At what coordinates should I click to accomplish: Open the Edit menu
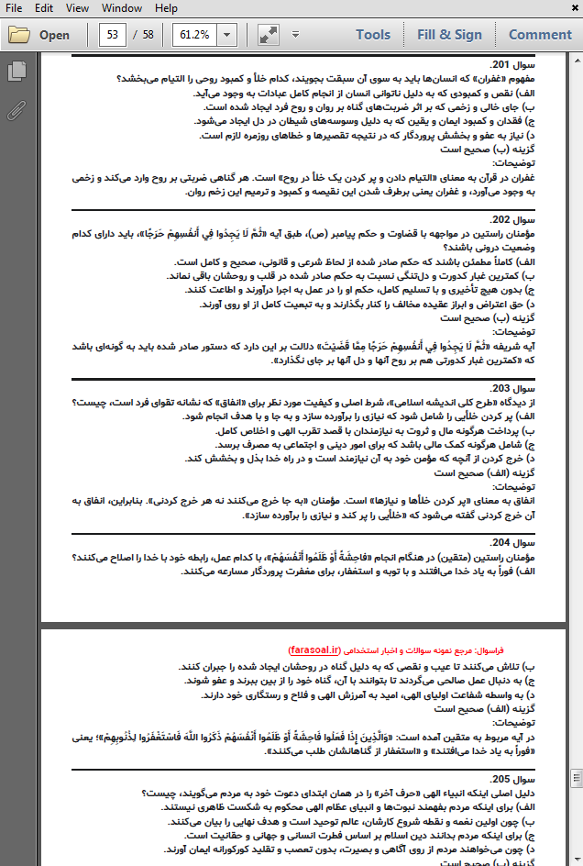(x=43, y=8)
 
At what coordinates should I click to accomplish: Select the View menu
(x=78, y=8)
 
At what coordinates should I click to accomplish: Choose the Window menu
(x=121, y=8)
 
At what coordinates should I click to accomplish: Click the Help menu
(x=166, y=8)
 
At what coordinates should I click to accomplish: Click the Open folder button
(x=39, y=35)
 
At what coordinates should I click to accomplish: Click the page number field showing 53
(x=114, y=35)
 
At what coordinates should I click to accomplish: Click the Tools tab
(x=373, y=35)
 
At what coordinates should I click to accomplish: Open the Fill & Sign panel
(x=449, y=35)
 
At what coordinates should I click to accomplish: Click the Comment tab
(x=540, y=35)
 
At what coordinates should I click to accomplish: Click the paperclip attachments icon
(x=16, y=111)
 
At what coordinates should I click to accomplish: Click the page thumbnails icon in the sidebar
(x=16, y=71)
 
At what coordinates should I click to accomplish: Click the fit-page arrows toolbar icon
(x=269, y=35)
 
